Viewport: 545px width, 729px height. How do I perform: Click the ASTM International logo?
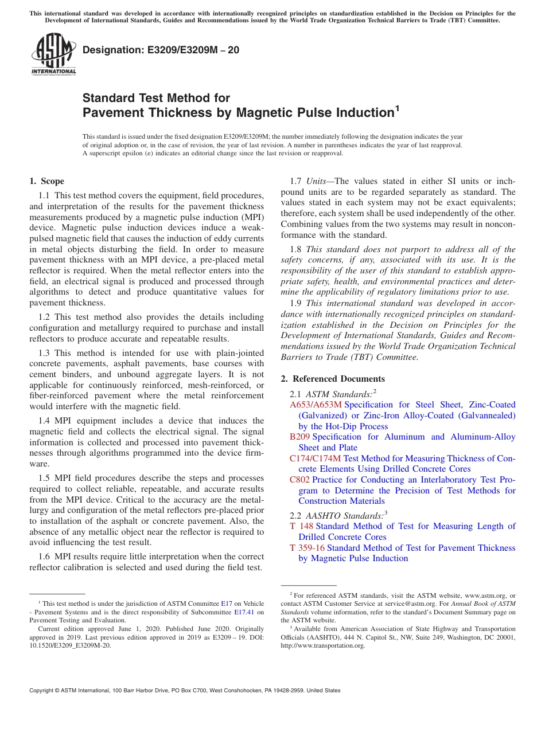[53, 55]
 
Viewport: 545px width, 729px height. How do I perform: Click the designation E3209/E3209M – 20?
[161, 50]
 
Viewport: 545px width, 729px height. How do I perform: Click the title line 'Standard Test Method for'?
[156, 98]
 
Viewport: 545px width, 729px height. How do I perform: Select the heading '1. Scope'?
[46, 181]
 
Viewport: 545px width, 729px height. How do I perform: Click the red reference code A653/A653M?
[316, 405]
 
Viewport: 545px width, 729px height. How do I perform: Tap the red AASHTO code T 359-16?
[307, 548]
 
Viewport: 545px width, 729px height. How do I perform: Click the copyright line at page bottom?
[185, 691]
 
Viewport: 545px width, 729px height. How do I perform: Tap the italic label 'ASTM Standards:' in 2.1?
[338, 394]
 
